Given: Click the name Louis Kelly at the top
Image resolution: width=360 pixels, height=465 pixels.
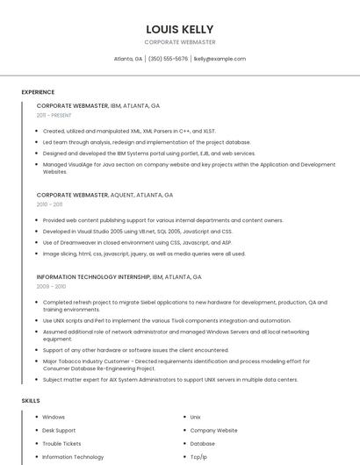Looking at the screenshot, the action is pyautogui.click(x=180, y=29).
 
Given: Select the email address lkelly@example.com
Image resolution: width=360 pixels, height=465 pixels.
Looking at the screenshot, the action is pyautogui.click(x=220, y=59).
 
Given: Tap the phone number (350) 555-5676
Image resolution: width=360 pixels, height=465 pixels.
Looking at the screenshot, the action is pyautogui.click(x=168, y=59).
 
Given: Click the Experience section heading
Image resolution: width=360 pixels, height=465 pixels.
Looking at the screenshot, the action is pyautogui.click(x=38, y=92).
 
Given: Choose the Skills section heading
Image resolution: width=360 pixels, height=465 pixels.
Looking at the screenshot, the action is pyautogui.click(x=31, y=400).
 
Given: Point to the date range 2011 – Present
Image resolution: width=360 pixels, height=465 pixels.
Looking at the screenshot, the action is pyautogui.click(x=54, y=115).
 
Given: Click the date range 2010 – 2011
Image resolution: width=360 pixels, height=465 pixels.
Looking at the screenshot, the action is pyautogui.click(x=49, y=204).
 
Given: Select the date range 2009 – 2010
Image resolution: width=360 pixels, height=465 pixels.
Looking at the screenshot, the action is pyautogui.click(x=51, y=286).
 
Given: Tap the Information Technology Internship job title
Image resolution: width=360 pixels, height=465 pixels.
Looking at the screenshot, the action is pyautogui.click(x=92, y=276).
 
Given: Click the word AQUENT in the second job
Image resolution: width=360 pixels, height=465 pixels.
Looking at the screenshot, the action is pyautogui.click(x=124, y=195).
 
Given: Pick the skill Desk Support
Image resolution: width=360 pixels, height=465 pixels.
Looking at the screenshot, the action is pyautogui.click(x=59, y=431).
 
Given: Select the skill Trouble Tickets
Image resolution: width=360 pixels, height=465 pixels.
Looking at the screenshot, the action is pyautogui.click(x=61, y=444).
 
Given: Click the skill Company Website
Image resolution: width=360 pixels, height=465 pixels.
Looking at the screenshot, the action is pyautogui.click(x=213, y=431).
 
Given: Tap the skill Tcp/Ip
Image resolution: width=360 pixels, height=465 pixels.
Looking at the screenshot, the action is pyautogui.click(x=198, y=457).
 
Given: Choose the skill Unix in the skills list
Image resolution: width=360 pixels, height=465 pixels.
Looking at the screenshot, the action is pyautogui.click(x=195, y=418).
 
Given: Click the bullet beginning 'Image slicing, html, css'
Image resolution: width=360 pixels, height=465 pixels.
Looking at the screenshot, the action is pyautogui.click(x=144, y=254).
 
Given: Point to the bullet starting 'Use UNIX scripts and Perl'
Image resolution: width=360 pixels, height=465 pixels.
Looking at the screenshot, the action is pyautogui.click(x=167, y=321).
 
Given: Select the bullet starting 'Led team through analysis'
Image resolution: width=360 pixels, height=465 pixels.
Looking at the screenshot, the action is pyautogui.click(x=147, y=142).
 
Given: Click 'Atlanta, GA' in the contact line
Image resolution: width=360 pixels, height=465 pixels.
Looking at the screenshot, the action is pyautogui.click(x=128, y=59).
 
